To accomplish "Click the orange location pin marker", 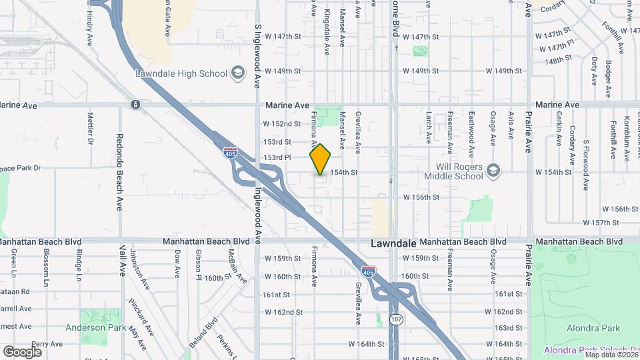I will click(320, 159).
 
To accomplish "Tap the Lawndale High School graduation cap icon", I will click(237, 73).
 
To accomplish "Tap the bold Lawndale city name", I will click(393, 245).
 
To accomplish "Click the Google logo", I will click(23, 352).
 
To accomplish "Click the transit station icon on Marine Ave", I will click(135, 105).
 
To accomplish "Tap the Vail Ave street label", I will click(123, 260).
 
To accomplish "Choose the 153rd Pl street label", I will click(277, 157).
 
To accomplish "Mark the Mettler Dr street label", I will click(91, 129).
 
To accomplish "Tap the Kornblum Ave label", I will click(627, 139).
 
